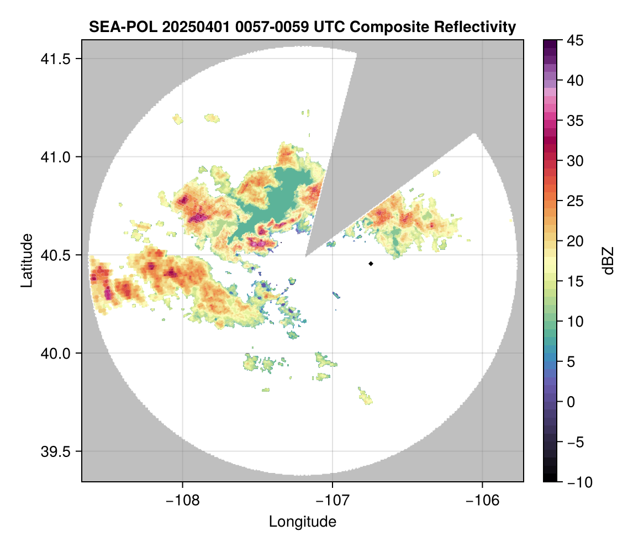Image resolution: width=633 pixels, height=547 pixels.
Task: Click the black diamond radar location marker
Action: pyautogui.click(x=371, y=264)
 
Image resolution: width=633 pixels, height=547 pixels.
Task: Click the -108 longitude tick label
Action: pyautogui.click(x=182, y=499)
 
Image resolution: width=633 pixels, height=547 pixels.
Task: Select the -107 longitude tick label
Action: pyautogui.click(x=333, y=499)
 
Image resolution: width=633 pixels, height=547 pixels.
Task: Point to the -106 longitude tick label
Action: pyautogui.click(x=483, y=499)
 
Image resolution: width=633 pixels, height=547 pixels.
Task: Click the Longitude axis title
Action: pyautogui.click(x=302, y=521)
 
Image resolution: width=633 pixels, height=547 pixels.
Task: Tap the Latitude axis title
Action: pyautogui.click(x=26, y=260)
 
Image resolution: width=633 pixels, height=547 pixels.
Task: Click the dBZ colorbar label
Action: pyautogui.click(x=608, y=260)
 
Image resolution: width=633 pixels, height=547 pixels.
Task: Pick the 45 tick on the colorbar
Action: pyautogui.click(x=576, y=40)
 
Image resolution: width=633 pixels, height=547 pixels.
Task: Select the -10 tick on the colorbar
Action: pyautogui.click(x=576, y=482)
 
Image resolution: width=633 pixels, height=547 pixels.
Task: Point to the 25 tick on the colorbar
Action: pyautogui.click(x=576, y=201)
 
